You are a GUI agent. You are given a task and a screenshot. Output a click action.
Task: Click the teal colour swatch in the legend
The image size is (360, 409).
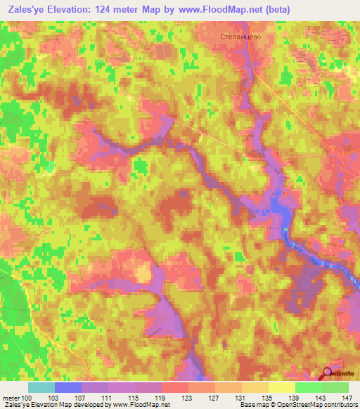click(41, 387)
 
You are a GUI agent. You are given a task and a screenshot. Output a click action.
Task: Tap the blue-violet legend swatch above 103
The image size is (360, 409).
click(68, 387)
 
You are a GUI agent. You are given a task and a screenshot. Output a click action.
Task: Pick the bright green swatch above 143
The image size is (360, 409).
click(309, 387)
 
